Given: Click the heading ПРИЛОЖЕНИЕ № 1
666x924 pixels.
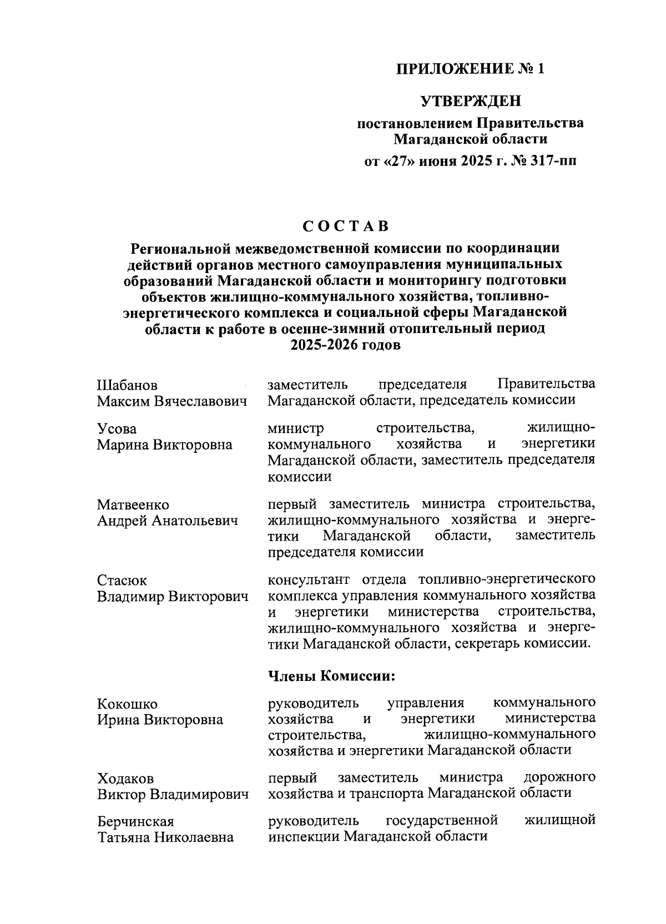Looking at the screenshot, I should pyautogui.click(x=470, y=69).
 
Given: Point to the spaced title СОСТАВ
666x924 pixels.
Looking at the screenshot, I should pyautogui.click(x=345, y=226).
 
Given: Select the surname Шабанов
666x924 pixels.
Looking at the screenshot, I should pyautogui.click(x=127, y=385).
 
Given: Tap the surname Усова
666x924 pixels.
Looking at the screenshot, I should pyautogui.click(x=117, y=429).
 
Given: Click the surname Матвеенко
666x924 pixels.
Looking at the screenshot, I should pyautogui.click(x=133, y=505).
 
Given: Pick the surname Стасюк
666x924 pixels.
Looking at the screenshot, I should pyautogui.click(x=122, y=581).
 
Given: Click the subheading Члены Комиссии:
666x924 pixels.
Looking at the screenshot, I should pyautogui.click(x=331, y=676).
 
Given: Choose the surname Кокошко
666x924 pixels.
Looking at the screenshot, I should pyautogui.click(x=127, y=704).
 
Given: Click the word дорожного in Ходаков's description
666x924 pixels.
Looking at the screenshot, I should pyautogui.click(x=559, y=777).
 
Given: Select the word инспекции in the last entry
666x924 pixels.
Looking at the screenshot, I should pyautogui.click(x=302, y=836).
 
